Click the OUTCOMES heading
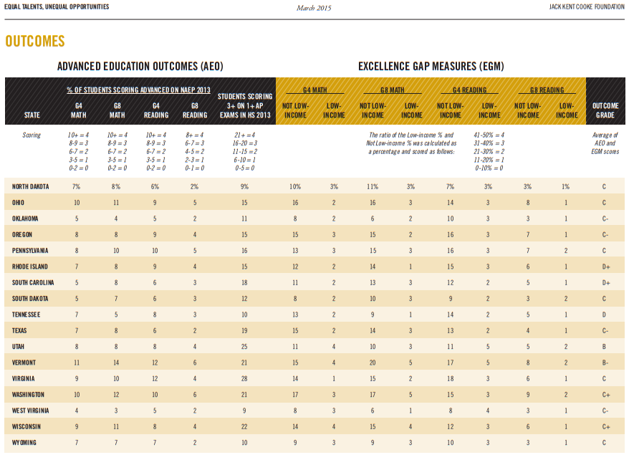point(35,41)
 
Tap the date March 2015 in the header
point(314,8)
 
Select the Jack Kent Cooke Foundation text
point(587,7)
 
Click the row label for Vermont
point(24,363)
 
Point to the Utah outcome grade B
point(604,347)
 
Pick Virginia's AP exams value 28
point(244,379)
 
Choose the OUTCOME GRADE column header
point(605,110)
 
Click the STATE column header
point(32,115)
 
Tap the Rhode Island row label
point(29,267)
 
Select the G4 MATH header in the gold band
point(315,90)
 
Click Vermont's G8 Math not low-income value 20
point(373,363)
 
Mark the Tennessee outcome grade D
point(604,315)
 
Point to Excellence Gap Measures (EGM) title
point(431,66)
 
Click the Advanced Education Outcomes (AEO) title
point(140,66)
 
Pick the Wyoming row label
point(24,443)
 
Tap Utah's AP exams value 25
point(244,347)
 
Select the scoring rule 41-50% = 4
point(489,135)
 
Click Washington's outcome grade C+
point(606,395)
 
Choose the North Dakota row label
point(31,186)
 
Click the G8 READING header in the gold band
point(547,90)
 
